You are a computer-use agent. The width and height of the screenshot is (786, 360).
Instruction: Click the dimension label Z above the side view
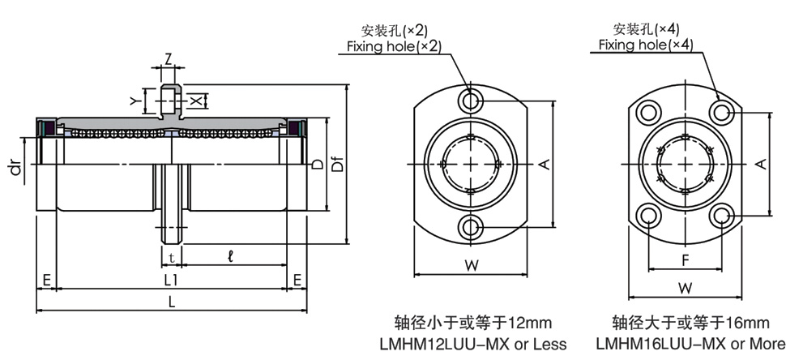(x=168, y=58)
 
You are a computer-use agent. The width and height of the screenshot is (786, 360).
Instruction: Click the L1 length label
(x=171, y=280)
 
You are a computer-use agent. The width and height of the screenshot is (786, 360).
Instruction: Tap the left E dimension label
(x=48, y=280)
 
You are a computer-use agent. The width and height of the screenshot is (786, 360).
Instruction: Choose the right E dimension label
(x=297, y=280)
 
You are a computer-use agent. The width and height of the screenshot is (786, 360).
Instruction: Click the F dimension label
(x=685, y=261)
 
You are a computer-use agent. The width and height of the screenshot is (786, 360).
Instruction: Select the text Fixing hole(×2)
(x=395, y=46)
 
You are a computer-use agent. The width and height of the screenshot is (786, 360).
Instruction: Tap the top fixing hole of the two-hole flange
(x=470, y=101)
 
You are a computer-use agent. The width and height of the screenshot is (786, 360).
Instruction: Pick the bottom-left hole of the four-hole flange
(x=648, y=215)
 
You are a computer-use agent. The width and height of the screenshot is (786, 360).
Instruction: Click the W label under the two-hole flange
(x=470, y=264)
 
